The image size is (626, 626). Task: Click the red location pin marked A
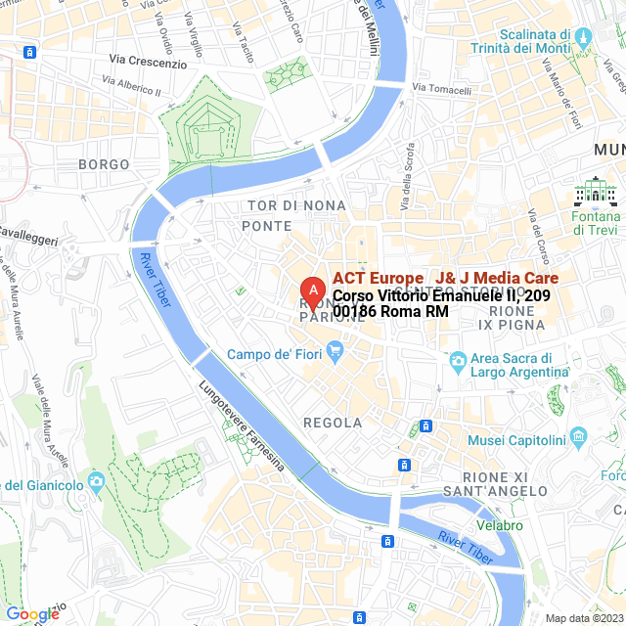[x=311, y=291]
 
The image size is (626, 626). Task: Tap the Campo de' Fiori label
[x=273, y=354]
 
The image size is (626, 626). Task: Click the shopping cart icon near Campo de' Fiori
[x=335, y=349]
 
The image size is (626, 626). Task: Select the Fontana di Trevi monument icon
[x=596, y=191]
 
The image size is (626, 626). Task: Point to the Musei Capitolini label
[x=516, y=440]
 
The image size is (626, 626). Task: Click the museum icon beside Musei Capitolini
[x=578, y=434]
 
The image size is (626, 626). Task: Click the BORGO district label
[x=104, y=164]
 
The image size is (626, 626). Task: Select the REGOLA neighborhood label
[x=333, y=424]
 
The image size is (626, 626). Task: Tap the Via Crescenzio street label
[x=148, y=63]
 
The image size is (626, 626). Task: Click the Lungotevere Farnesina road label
[x=241, y=426]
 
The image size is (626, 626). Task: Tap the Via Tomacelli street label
[x=442, y=89]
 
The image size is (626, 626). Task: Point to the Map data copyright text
[x=584, y=618]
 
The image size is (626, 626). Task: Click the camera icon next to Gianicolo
[x=96, y=481]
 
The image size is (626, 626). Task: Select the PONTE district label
[x=267, y=226]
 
